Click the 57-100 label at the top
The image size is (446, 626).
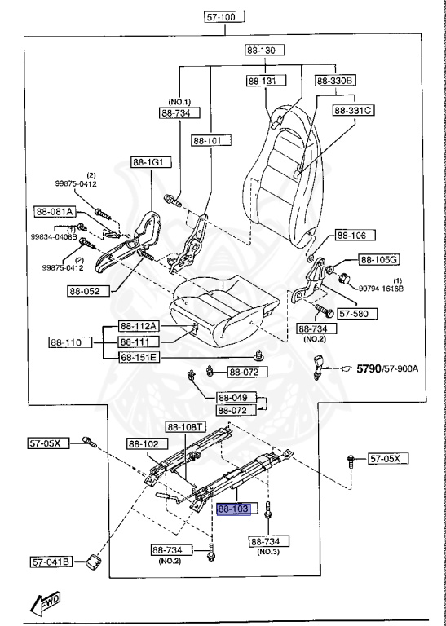point(224,15)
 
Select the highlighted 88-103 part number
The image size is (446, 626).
point(237,509)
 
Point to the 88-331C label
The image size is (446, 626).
point(351,109)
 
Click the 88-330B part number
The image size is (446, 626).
point(347,80)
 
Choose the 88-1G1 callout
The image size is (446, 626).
point(151,162)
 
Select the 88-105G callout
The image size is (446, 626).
point(358,259)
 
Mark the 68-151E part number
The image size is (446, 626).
point(138,357)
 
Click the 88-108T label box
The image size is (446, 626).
point(187,426)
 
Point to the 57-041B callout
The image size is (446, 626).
point(52,561)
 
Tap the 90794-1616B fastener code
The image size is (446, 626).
point(382,289)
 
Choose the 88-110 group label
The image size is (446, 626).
point(67,342)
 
